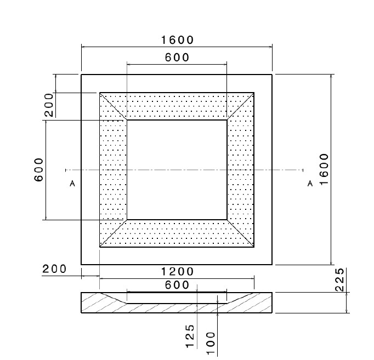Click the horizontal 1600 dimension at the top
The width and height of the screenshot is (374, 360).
point(178,40)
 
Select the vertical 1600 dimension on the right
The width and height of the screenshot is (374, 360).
point(324,169)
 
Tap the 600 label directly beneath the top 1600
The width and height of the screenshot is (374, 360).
point(177,58)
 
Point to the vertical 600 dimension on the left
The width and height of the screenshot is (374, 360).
point(39,170)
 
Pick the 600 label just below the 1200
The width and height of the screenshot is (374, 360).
point(177,285)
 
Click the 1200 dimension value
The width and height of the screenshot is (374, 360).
point(178,272)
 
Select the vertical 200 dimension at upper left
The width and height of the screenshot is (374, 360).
point(49,105)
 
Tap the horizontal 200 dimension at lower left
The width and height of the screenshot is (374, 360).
point(54,269)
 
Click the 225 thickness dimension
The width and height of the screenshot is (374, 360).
point(339,279)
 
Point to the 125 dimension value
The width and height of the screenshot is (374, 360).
point(190,336)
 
